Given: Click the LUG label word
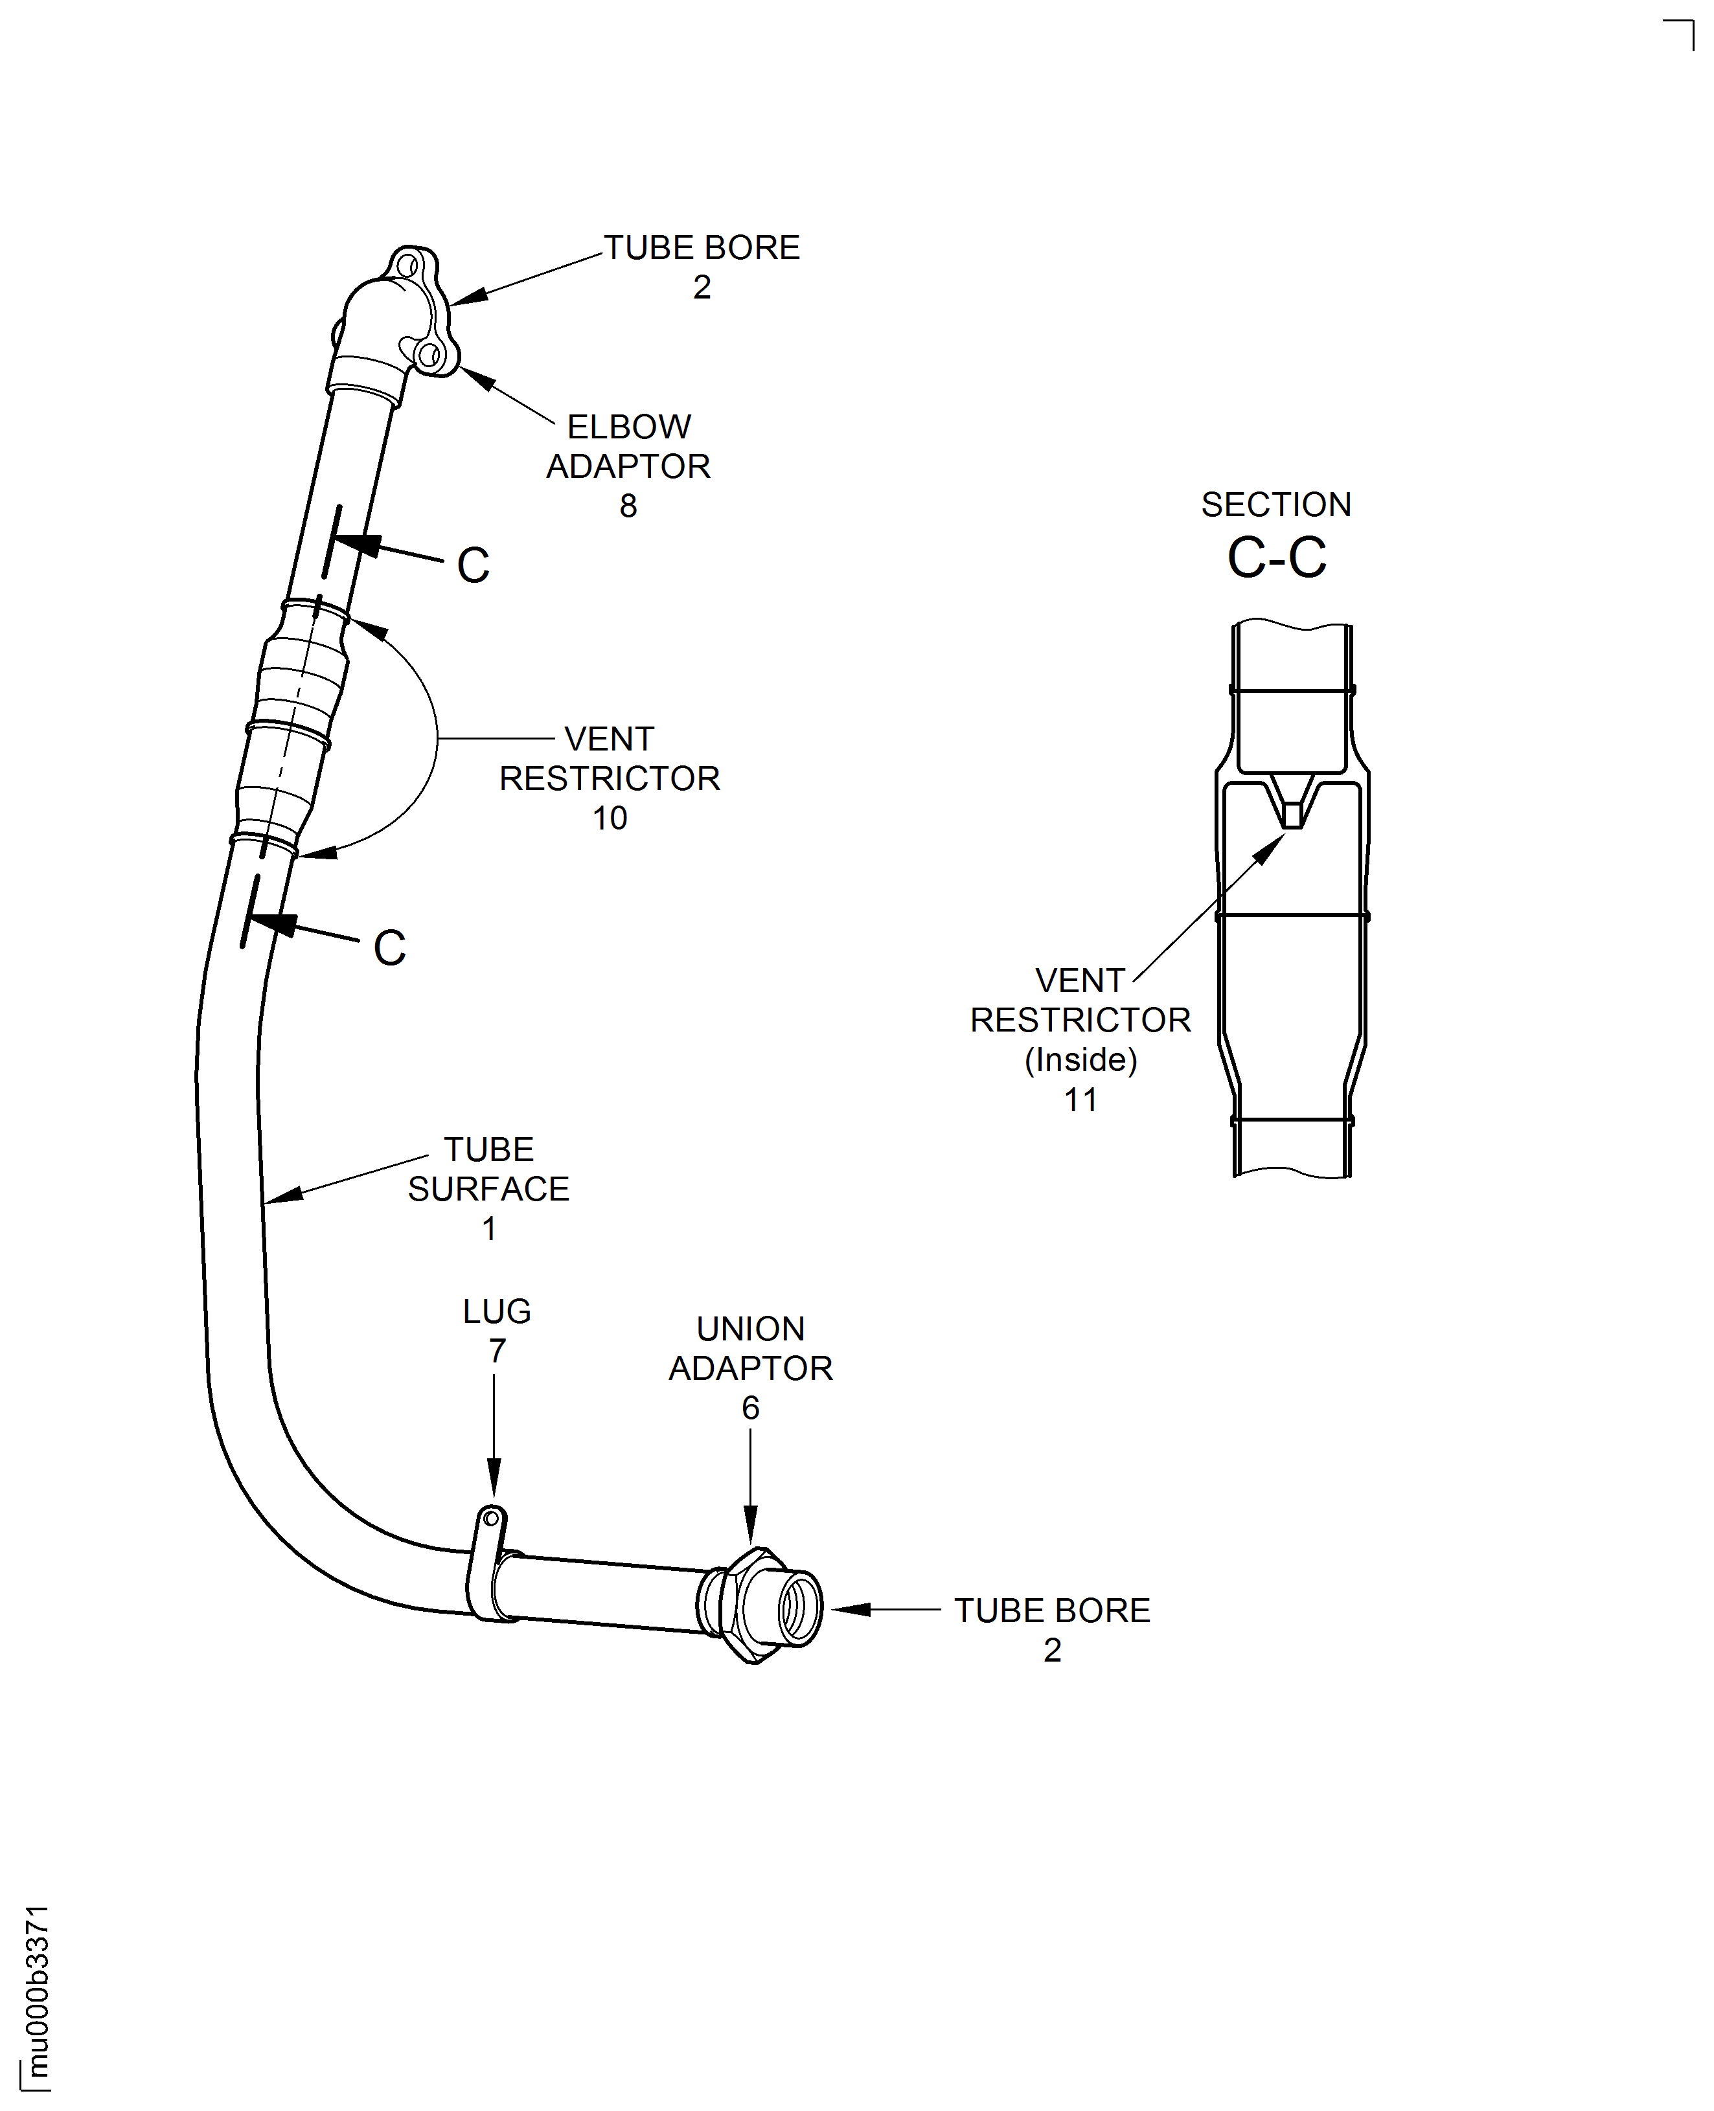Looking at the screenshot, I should [497, 1311].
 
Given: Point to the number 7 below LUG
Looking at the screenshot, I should [497, 1350].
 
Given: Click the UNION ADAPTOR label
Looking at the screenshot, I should [750, 1348].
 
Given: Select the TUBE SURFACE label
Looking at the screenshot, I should [488, 1169].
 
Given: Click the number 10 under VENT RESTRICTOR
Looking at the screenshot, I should [609, 818].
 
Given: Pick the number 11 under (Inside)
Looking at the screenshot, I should [1080, 1100].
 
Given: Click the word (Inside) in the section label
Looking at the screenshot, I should [1080, 1060].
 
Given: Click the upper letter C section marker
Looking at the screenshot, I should [473, 565].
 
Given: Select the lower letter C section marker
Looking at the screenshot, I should [389, 949].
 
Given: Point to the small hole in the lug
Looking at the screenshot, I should [491, 1518].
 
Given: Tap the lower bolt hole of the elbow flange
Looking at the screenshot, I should [428, 354].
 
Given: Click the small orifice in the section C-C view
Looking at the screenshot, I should [1292, 816].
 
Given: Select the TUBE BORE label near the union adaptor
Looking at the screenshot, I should [1051, 1610].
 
